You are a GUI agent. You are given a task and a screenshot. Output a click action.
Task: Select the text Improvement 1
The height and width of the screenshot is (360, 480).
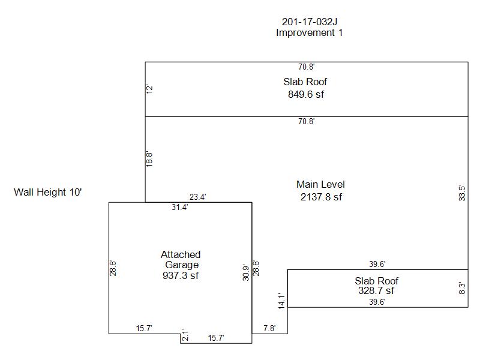pos(309,33)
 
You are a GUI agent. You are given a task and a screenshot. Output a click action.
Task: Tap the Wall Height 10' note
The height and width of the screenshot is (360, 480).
pos(47,193)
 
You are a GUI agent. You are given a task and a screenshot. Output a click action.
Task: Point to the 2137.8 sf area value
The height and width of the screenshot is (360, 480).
pos(321,196)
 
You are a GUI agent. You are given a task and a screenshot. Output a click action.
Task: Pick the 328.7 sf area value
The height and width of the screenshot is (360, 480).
pos(376,290)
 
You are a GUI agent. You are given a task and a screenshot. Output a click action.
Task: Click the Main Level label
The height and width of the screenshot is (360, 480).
pos(320,184)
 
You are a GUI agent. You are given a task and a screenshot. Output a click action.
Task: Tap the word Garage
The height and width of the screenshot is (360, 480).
pos(181,265)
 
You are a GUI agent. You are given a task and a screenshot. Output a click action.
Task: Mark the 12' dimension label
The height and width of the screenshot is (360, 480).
pos(150,89)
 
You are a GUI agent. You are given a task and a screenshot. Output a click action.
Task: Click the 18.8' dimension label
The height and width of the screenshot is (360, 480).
pos(150,159)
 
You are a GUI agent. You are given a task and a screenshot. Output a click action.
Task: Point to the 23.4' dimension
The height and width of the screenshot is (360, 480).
pos(198,197)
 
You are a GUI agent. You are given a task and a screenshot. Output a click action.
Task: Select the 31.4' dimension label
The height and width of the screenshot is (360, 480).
pos(180,208)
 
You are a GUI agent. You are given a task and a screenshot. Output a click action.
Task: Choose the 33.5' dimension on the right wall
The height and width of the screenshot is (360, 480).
pos(462,193)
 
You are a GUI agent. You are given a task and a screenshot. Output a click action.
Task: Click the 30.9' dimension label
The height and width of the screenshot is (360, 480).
pos(246,273)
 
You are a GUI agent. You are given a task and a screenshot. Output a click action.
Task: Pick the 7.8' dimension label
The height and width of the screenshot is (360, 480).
pos(270,328)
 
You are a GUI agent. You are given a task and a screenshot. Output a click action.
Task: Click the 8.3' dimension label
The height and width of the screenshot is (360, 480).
pos(462,288)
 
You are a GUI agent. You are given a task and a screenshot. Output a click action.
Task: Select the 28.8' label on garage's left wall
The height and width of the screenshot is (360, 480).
pos(113,268)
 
